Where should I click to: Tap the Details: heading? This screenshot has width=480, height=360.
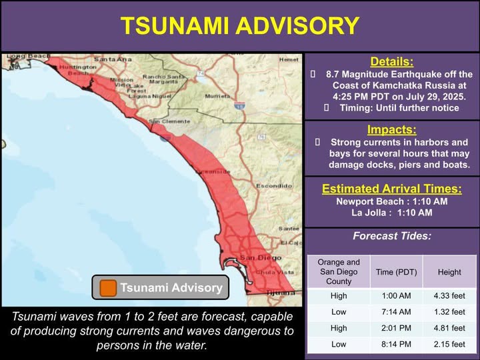pyautogui.click(x=392, y=61)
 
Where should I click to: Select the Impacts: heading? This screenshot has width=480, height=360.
pyautogui.click(x=392, y=129)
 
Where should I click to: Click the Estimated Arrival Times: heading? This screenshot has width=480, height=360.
pyautogui.click(x=392, y=188)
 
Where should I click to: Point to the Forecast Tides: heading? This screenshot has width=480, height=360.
pyautogui.click(x=392, y=235)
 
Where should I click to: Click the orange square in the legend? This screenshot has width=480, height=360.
pyautogui.click(x=107, y=288)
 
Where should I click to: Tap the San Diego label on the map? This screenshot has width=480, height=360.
pyautogui.click(x=256, y=257)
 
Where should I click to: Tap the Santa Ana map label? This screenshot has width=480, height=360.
pyautogui.click(x=111, y=60)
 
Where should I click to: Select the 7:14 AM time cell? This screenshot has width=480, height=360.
pyautogui.click(x=396, y=311)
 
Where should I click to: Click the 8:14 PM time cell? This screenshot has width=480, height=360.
pyautogui.click(x=396, y=344)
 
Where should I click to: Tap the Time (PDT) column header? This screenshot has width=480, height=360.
pyautogui.click(x=396, y=272)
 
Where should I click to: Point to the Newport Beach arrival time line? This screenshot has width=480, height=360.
pyautogui.click(x=392, y=201)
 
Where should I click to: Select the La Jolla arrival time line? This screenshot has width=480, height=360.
pyautogui.click(x=392, y=213)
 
